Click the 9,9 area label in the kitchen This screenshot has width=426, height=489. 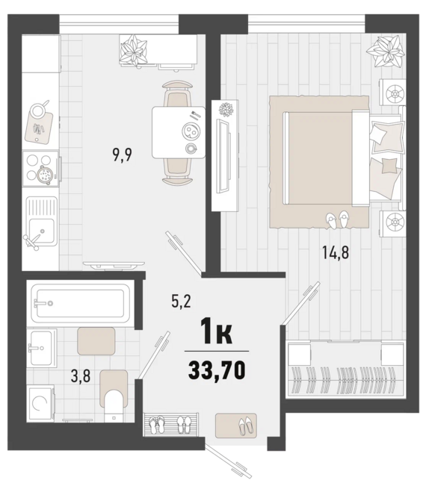123,155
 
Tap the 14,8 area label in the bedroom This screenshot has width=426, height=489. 336,252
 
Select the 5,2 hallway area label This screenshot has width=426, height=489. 181,302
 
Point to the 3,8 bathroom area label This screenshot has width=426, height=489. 81,376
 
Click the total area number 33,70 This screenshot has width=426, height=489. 217,370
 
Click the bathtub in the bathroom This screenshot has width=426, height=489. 81,303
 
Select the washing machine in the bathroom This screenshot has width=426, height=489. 40,403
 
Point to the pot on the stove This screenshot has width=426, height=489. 46,175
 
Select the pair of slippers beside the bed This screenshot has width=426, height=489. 337,219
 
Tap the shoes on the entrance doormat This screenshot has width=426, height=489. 246,426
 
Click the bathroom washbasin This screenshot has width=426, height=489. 41,347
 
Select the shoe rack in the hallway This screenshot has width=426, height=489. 171,424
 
